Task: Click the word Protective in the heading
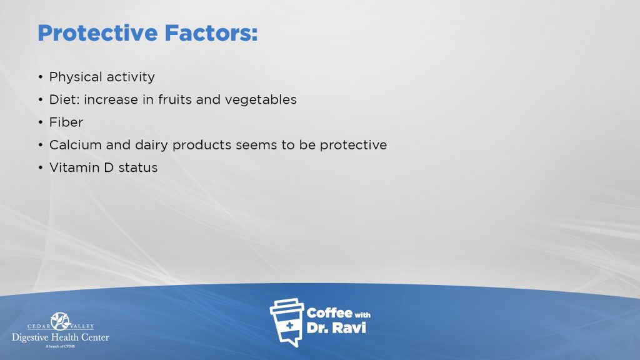[97, 33]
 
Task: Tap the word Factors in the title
[211, 33]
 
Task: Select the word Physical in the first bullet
[76, 77]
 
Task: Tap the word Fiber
[66, 122]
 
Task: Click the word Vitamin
[74, 167]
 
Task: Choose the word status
[138, 168]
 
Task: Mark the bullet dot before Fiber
[41, 122]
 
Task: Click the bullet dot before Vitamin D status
[41, 167]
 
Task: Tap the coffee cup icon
[287, 322]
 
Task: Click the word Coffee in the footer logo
[329, 313]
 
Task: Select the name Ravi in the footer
[348, 327]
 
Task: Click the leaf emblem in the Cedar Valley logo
[61, 321]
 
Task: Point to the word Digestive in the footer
[31, 337]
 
